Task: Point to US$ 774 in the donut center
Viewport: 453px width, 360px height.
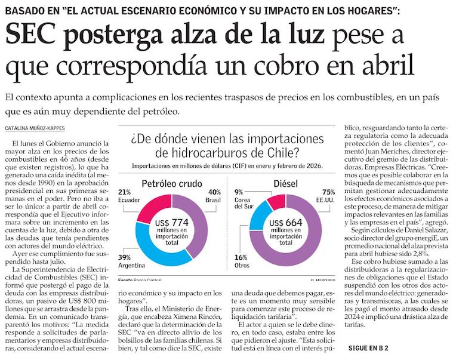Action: (171, 222)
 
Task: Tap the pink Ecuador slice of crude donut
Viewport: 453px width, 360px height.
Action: (150, 207)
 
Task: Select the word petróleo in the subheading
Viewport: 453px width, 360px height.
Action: (159, 112)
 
